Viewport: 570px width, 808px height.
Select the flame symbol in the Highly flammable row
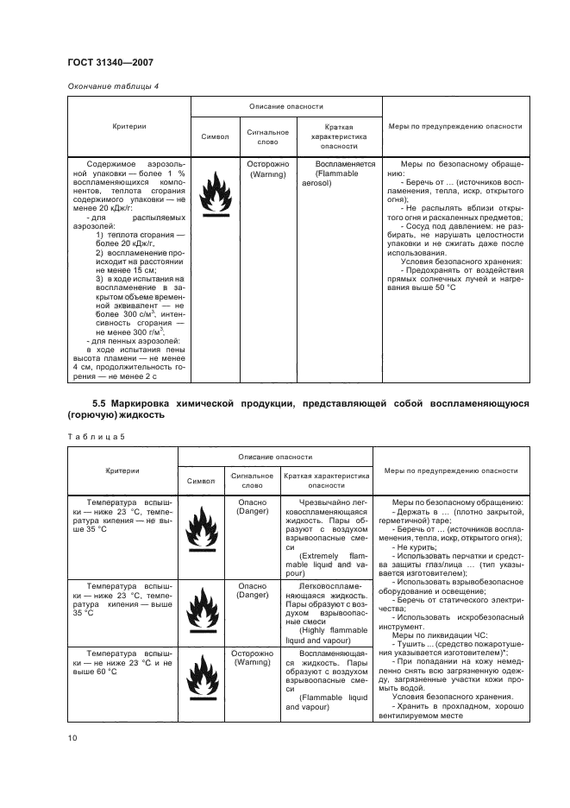point(204,610)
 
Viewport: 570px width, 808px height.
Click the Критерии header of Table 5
point(122,470)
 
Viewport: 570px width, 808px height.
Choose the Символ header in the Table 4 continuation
point(215,136)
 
